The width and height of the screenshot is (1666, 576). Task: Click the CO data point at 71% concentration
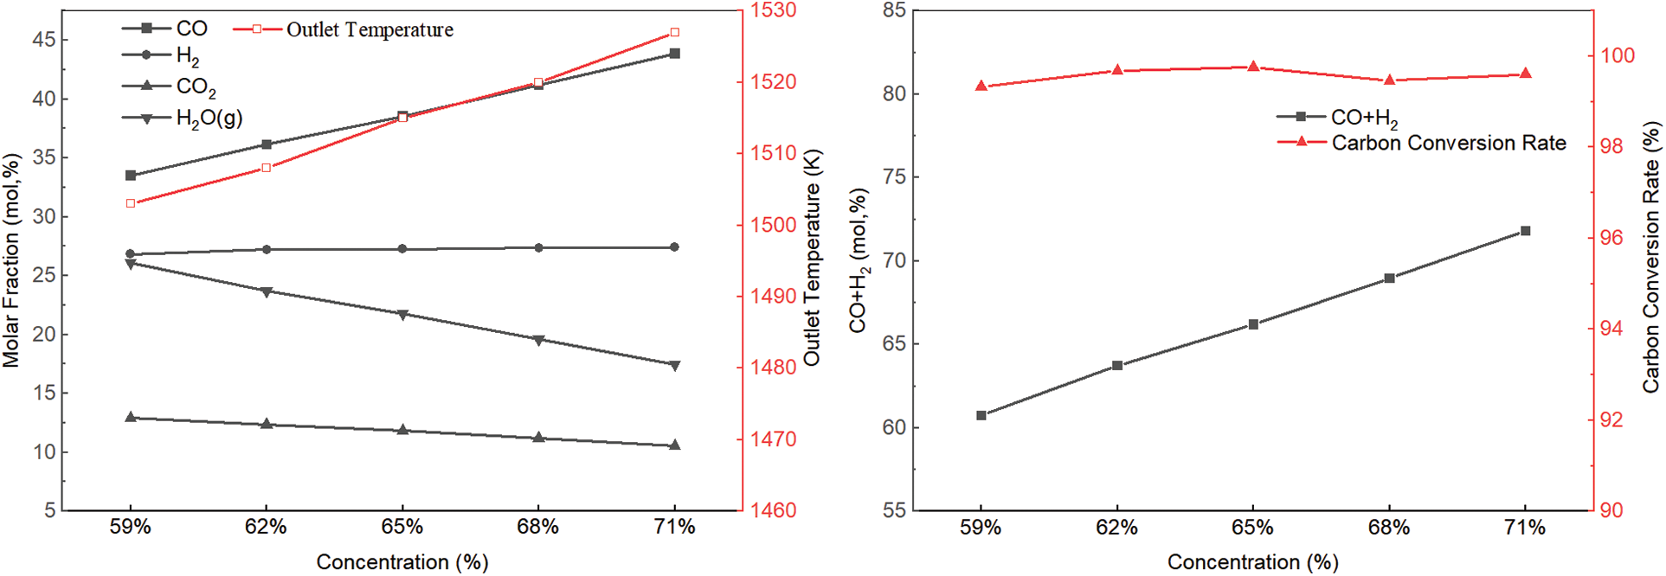(675, 54)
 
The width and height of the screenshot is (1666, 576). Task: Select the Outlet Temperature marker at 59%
(131, 203)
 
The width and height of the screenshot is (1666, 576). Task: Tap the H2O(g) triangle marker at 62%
(267, 292)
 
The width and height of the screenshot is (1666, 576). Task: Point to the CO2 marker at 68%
(538, 438)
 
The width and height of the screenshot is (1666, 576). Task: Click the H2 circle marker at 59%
(131, 254)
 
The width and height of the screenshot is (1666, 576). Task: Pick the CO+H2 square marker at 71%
(1526, 231)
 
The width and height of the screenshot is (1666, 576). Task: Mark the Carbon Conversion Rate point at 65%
(1253, 67)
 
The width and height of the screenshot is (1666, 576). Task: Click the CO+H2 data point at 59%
(981, 415)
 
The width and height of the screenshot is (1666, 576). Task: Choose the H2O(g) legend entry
(208, 118)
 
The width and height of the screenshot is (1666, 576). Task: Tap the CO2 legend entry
(196, 87)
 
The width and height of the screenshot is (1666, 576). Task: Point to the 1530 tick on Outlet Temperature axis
(774, 10)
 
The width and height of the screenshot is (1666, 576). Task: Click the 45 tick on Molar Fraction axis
(44, 40)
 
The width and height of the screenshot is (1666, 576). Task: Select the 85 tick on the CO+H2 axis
(894, 10)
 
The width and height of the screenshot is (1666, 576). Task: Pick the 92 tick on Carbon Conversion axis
(1611, 420)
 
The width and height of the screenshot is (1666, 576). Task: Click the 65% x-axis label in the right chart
(1252, 528)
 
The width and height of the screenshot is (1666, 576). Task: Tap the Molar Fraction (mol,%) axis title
(11, 259)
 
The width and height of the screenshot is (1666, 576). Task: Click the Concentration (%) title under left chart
(402, 562)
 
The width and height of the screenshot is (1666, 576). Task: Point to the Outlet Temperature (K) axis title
(812, 258)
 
